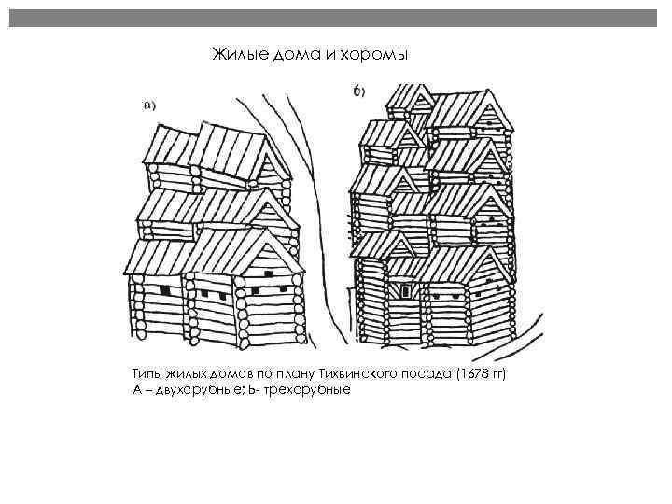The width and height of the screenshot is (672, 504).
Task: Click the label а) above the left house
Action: pyautogui.click(x=148, y=105)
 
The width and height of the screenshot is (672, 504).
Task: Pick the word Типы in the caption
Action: pyautogui.click(x=148, y=373)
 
